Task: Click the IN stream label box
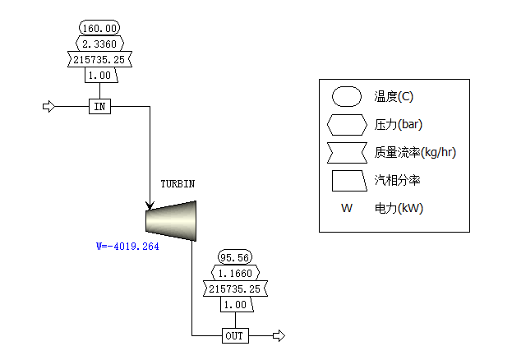(x=100, y=107)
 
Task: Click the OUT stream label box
(x=235, y=335)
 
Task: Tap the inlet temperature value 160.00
(x=99, y=29)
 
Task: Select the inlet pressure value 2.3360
(x=99, y=44)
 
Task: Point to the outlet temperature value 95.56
(x=235, y=258)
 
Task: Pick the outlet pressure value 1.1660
(x=235, y=273)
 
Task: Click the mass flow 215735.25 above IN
(x=99, y=59)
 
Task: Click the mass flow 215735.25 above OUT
(x=235, y=288)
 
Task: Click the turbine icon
(x=171, y=221)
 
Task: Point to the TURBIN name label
(x=178, y=184)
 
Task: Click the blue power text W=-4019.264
(x=127, y=247)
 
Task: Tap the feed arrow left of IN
(x=49, y=107)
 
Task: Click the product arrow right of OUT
(x=279, y=335)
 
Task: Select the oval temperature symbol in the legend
(x=347, y=97)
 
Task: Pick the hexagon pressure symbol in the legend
(x=347, y=125)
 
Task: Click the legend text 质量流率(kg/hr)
(x=415, y=152)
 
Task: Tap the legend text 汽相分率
(x=397, y=180)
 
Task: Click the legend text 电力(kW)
(x=399, y=208)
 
